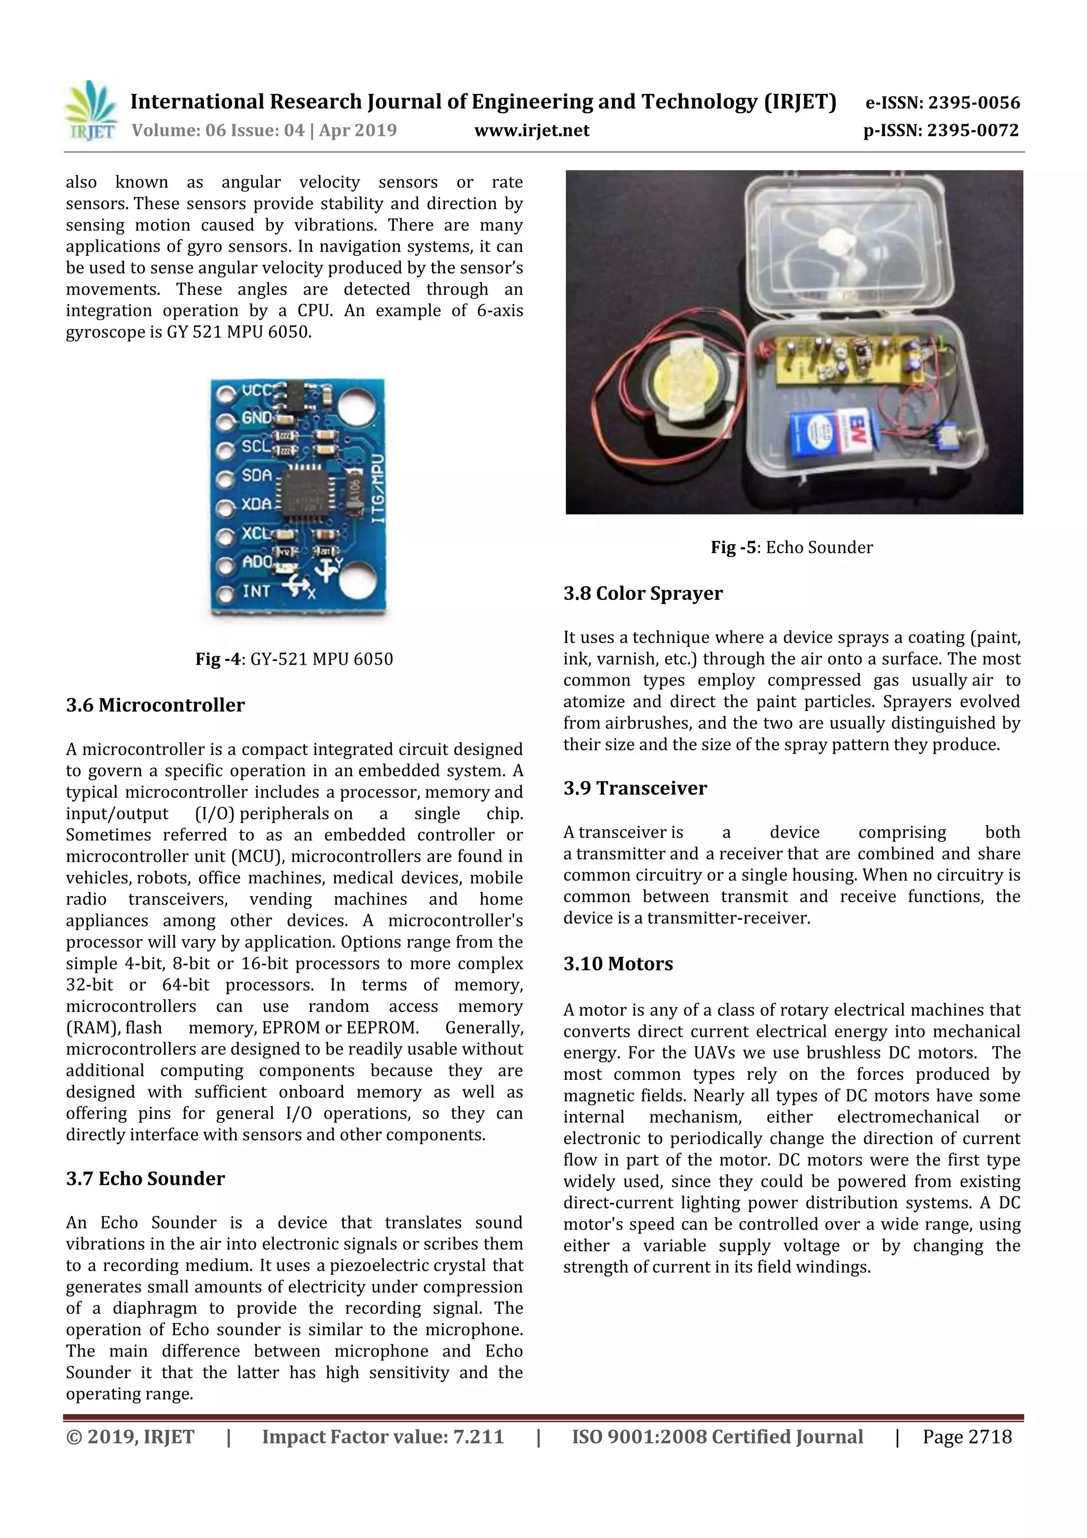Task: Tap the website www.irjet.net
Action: [532, 131]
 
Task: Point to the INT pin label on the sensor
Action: [256, 591]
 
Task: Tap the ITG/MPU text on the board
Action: [378, 489]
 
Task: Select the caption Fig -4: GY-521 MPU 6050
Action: [294, 659]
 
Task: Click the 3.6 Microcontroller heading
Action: [156, 706]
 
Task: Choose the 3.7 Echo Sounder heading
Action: [145, 1179]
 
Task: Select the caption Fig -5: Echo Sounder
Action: [792, 547]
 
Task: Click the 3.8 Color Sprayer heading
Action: [643, 594]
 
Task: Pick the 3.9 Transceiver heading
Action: [635, 788]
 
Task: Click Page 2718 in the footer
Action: [967, 1437]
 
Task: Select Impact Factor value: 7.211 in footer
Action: [383, 1437]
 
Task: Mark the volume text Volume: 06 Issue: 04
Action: [218, 131]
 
